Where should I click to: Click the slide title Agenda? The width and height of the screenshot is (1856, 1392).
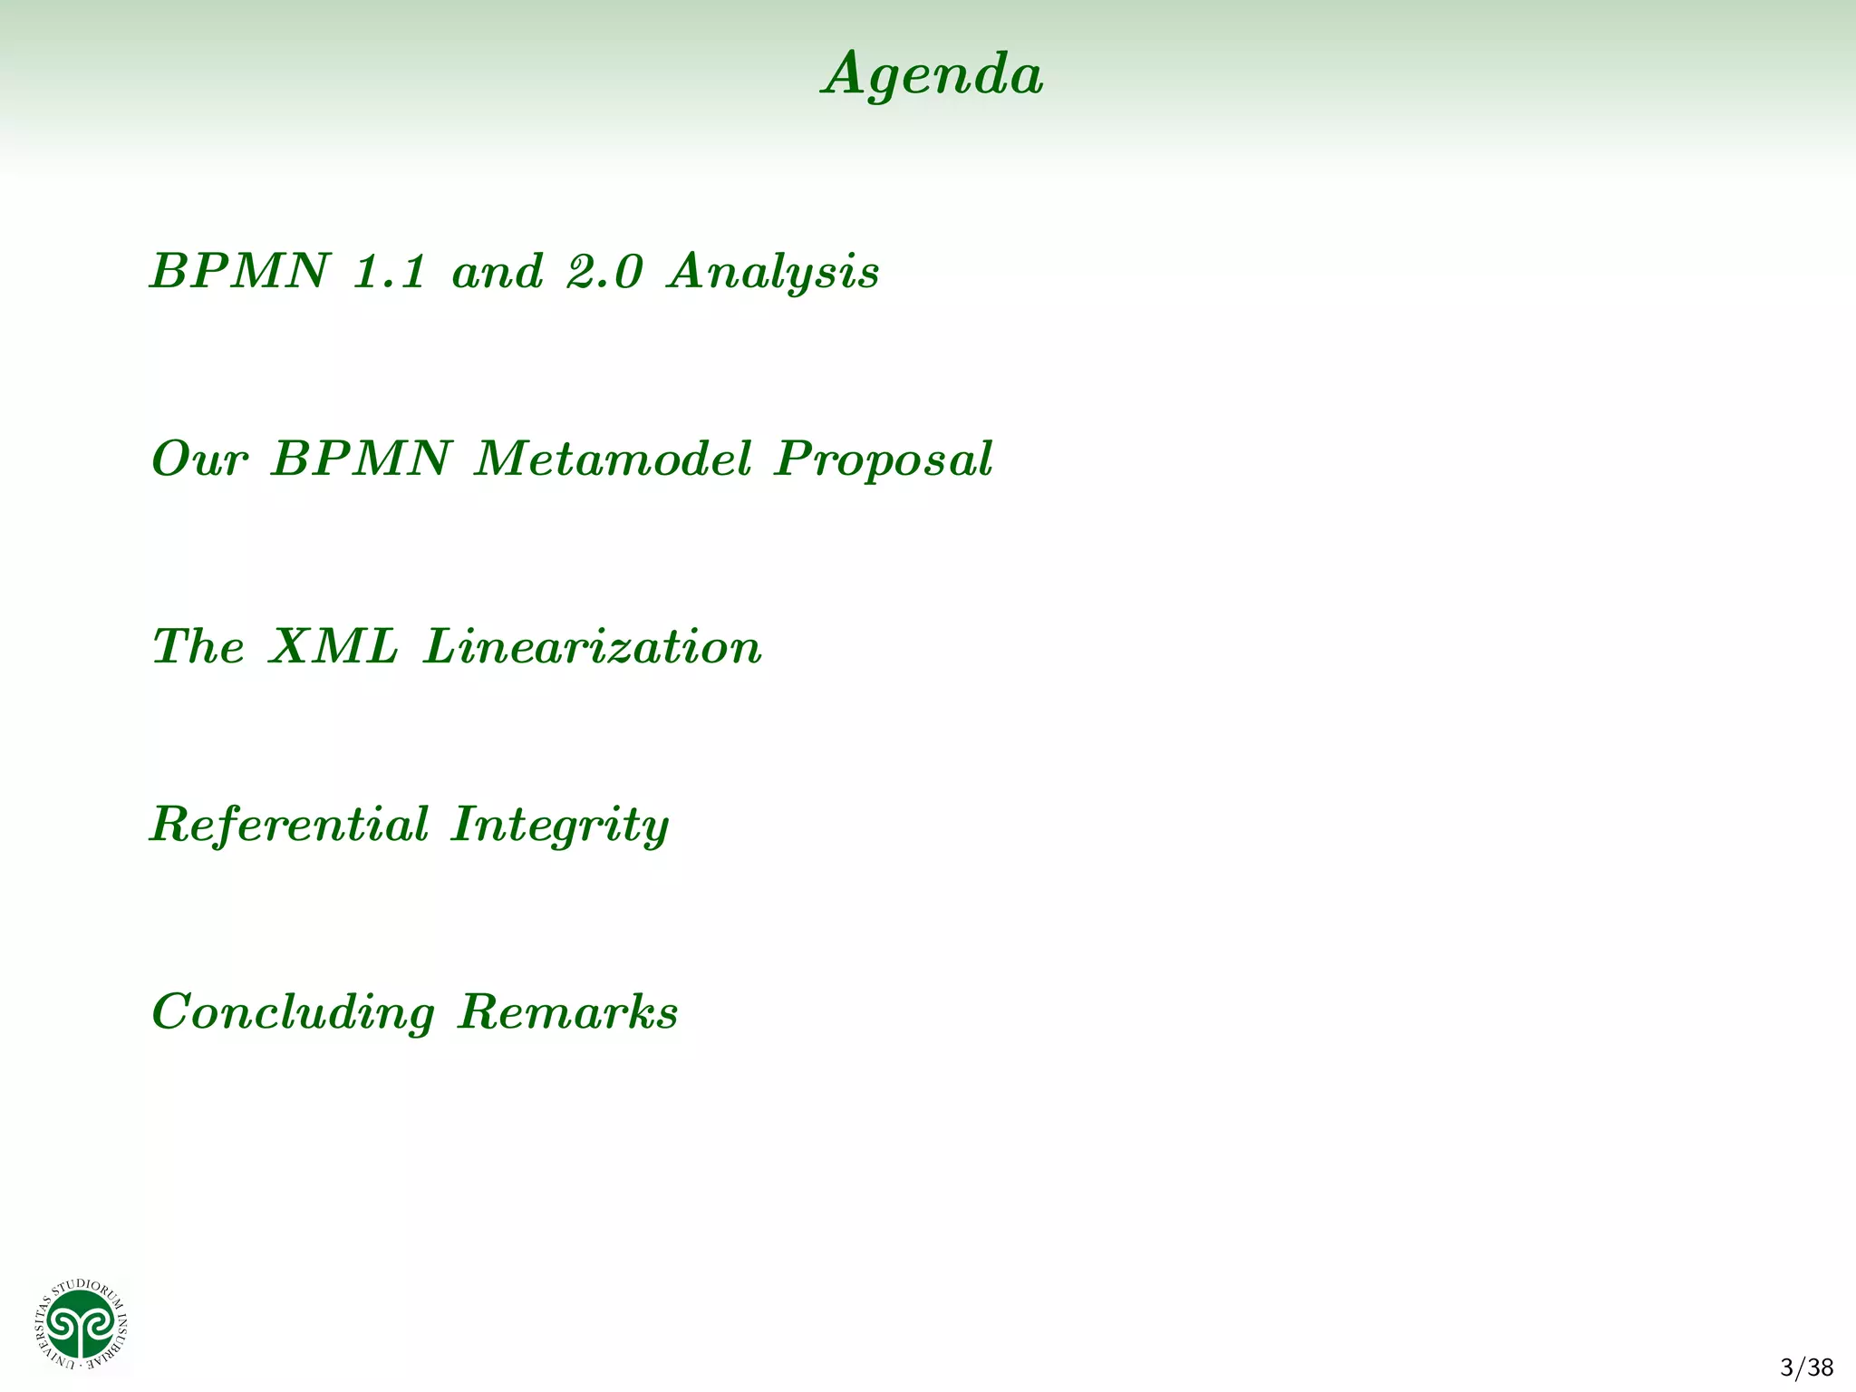(x=933, y=74)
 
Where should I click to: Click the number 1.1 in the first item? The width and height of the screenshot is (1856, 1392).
(x=389, y=272)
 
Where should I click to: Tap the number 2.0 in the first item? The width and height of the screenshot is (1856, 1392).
(x=604, y=272)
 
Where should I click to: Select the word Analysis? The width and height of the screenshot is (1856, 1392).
(x=773, y=272)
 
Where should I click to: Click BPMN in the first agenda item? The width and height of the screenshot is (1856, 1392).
(x=238, y=272)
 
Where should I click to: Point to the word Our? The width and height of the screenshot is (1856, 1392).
(x=198, y=459)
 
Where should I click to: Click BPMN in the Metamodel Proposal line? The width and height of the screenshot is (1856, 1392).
(x=360, y=459)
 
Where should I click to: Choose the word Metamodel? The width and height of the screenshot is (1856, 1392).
(x=614, y=459)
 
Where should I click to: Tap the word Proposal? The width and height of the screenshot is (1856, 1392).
(x=884, y=460)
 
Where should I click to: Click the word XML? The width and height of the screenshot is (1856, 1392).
(x=333, y=647)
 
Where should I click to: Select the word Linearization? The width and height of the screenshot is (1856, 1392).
(x=593, y=647)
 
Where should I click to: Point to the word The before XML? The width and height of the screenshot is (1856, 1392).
(x=198, y=647)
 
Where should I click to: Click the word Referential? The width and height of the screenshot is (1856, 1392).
(x=289, y=825)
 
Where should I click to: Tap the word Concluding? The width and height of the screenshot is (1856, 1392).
(x=293, y=1013)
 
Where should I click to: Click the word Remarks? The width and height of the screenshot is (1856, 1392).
(x=568, y=1011)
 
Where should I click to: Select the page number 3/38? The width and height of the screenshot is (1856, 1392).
(x=1806, y=1368)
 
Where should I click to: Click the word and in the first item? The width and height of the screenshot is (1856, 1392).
(x=498, y=272)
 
